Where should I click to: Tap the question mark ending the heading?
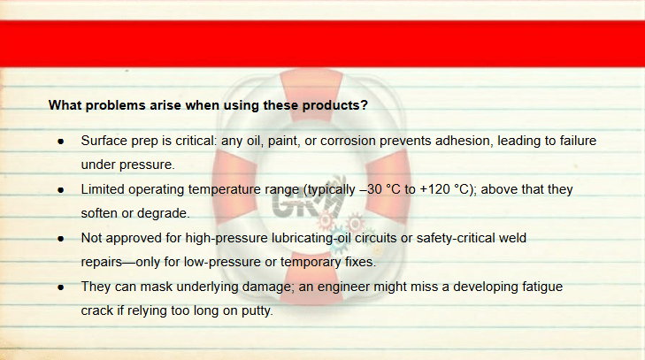[364, 105]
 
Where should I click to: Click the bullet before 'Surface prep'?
[61, 142]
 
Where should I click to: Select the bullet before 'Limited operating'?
[61, 190]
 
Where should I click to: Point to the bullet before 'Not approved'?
[61, 239]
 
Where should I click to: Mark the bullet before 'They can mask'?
[61, 287]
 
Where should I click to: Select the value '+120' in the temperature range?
[434, 189]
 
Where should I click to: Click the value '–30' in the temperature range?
[373, 189]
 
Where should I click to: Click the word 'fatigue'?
[542, 287]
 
